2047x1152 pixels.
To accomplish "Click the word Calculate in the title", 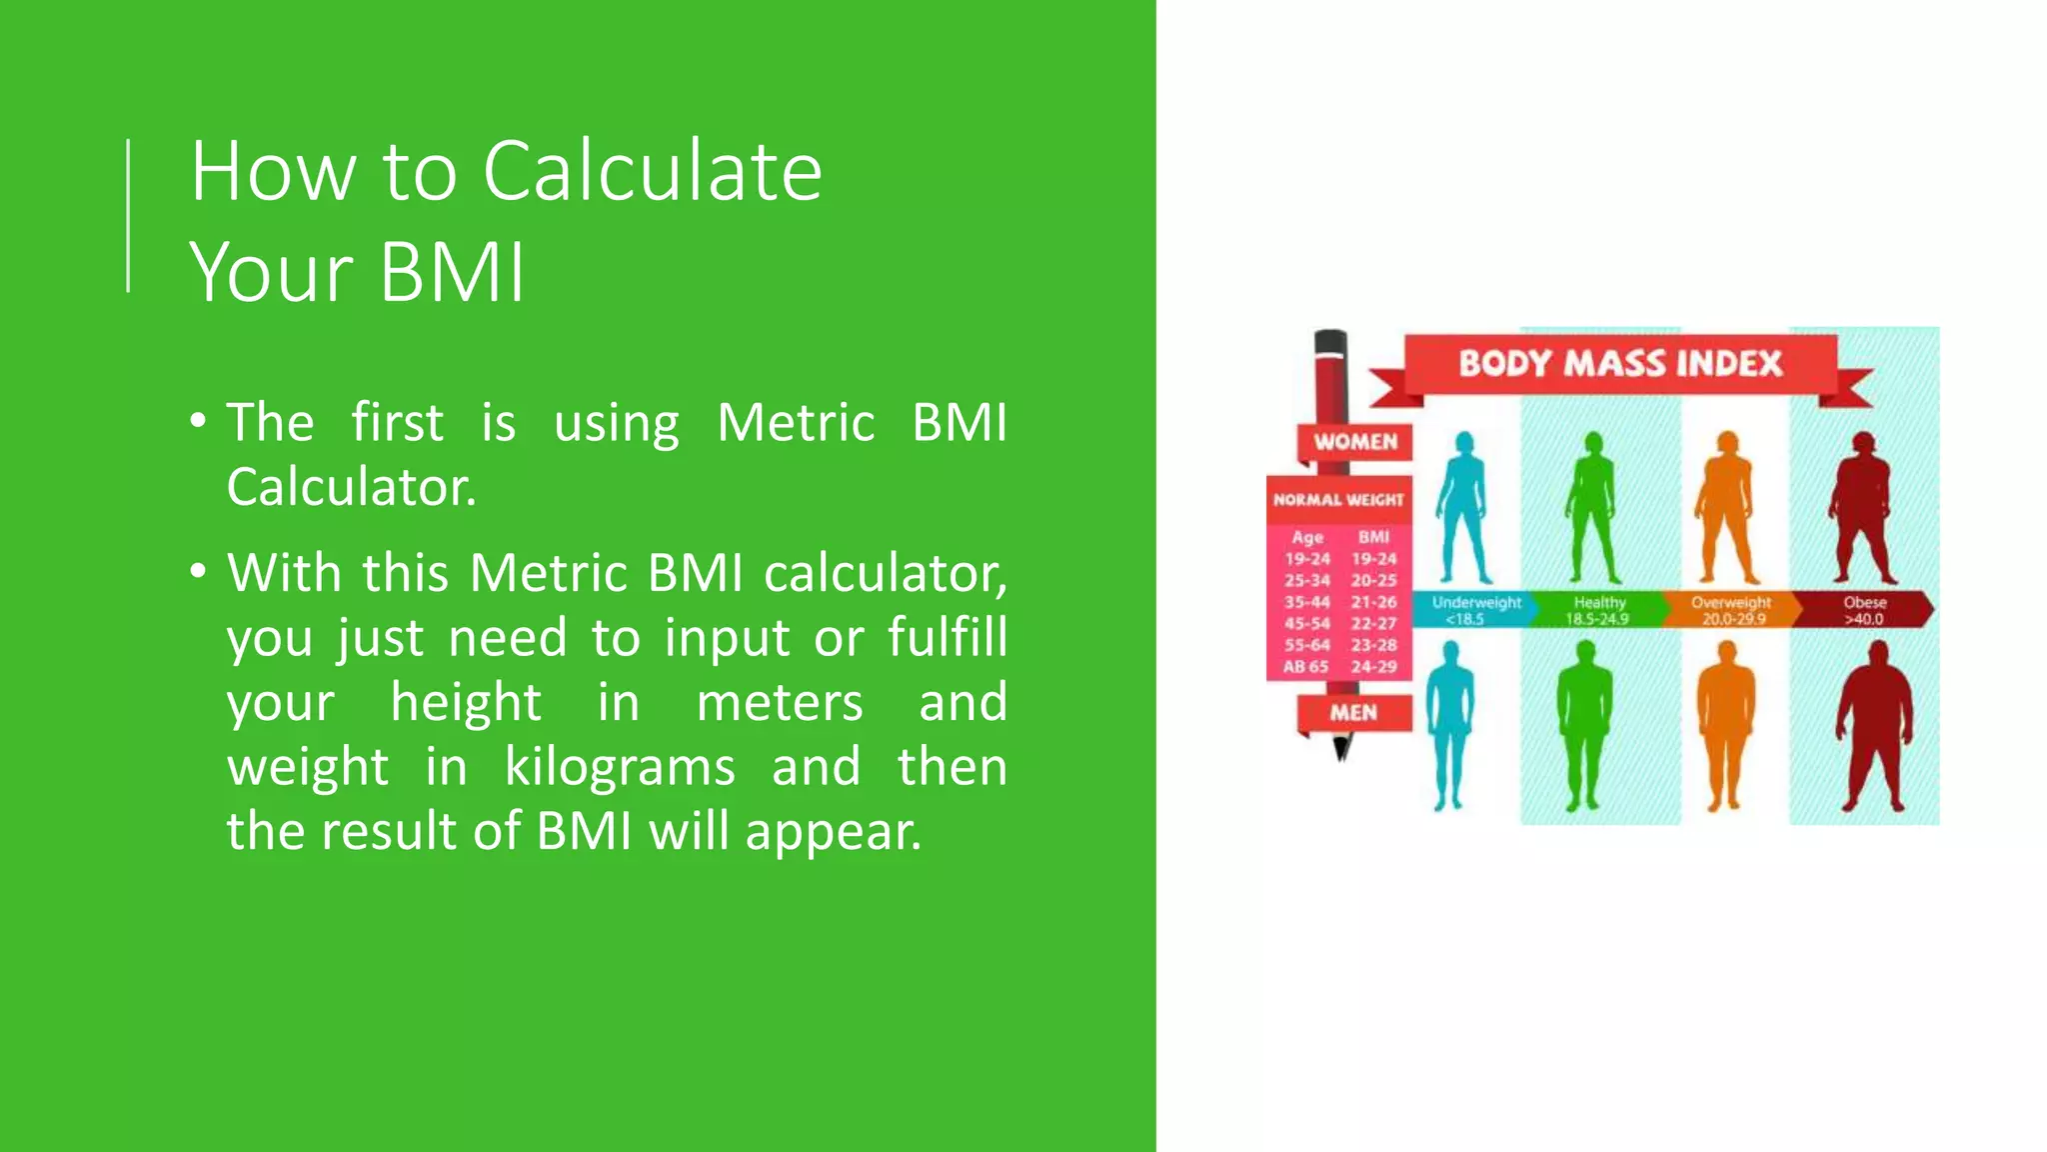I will point(652,172).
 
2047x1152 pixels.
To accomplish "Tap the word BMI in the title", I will point(452,272).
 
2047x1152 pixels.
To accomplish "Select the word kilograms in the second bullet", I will point(620,767).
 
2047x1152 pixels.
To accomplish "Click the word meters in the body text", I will point(779,702).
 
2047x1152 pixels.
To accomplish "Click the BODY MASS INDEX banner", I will point(1619,363).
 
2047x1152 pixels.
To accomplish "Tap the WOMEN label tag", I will point(1354,442).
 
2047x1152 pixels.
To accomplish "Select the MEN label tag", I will point(1353,713).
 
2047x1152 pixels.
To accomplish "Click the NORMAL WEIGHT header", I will point(1338,500).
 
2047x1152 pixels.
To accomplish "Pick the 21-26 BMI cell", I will point(1373,602).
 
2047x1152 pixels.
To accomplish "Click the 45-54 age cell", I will point(1307,623).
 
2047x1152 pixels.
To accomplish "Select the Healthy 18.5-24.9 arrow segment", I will point(1599,609).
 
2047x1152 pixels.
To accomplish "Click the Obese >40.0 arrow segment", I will point(1864,609).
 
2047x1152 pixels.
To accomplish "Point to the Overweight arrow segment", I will point(1731,609).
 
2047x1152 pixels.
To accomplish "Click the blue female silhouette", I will point(1463,510).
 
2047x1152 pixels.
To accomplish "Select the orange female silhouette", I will point(1726,510).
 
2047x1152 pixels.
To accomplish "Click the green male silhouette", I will point(1584,725).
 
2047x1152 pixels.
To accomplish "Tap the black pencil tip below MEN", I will point(1341,748).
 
